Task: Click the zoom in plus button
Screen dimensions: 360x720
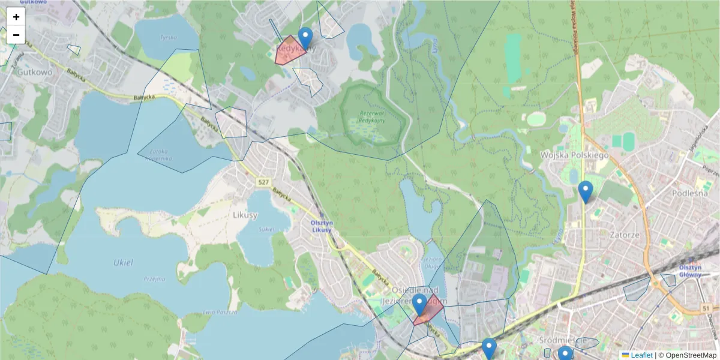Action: pos(16,17)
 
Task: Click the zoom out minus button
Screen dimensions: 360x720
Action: pos(16,35)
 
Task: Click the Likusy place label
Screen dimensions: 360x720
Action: pos(245,215)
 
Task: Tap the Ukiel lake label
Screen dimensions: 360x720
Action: pos(123,262)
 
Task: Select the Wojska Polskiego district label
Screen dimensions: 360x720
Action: pos(574,155)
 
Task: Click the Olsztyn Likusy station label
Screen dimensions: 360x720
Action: pos(322,226)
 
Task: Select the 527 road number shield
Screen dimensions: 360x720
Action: pos(263,182)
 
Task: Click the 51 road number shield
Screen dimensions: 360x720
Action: pos(709,308)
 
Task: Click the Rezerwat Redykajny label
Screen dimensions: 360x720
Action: pos(371,116)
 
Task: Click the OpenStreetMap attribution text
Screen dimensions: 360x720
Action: pos(690,355)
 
